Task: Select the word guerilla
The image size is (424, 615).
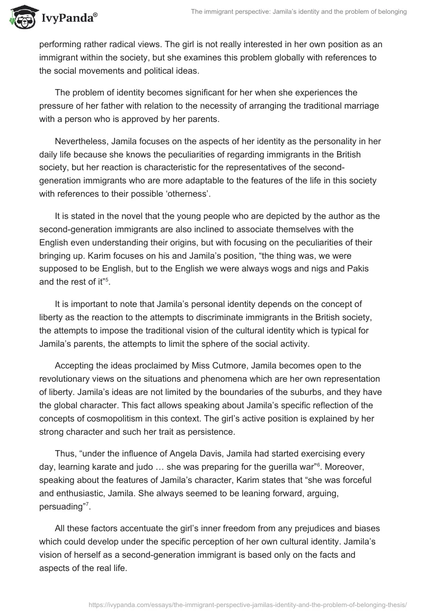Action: coord(281,468)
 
